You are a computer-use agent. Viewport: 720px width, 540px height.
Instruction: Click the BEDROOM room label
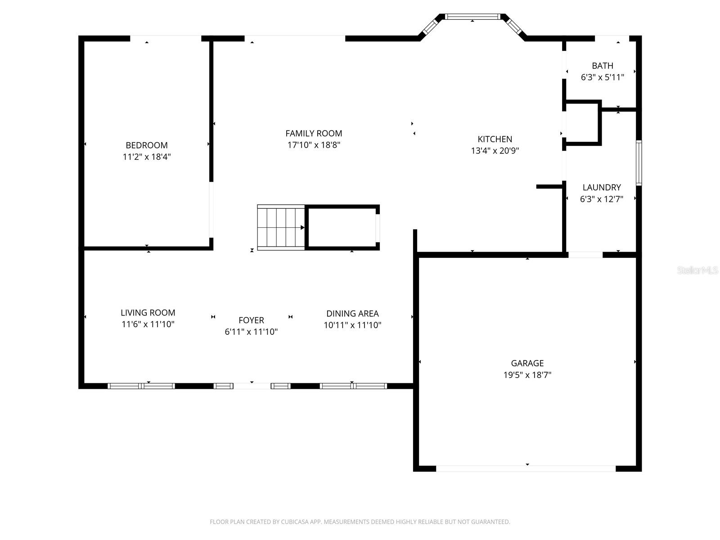tap(147, 145)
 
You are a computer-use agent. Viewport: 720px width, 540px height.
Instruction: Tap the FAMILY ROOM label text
tap(314, 133)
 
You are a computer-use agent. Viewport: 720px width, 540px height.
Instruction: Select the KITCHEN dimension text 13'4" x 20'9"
tap(495, 151)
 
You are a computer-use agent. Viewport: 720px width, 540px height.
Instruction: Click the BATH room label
tap(603, 66)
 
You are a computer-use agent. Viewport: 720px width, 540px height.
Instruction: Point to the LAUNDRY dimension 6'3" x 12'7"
tap(602, 199)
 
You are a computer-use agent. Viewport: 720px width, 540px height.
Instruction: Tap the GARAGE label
tap(527, 363)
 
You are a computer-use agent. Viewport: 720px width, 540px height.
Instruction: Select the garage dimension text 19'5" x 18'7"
tap(527, 375)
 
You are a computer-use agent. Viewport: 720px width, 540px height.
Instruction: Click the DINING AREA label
tap(352, 314)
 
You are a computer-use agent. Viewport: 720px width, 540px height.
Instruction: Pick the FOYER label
tap(251, 320)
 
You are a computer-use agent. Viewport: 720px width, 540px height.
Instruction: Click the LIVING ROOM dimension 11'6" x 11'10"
tap(148, 324)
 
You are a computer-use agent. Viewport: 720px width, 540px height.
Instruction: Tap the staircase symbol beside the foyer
tap(281, 227)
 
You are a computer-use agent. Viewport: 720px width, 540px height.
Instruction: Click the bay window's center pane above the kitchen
tap(472, 17)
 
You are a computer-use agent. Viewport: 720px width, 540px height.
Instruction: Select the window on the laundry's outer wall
tap(639, 162)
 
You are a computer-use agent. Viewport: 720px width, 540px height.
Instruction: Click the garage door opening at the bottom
tap(526, 468)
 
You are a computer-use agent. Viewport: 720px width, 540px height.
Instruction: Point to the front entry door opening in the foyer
tap(252, 386)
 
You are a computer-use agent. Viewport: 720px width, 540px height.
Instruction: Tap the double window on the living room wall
tap(141, 386)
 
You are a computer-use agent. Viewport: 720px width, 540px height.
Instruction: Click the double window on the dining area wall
tap(353, 386)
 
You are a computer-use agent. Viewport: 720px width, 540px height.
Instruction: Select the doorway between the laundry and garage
tap(585, 255)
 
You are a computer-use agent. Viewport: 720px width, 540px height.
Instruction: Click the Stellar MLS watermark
tap(697, 270)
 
